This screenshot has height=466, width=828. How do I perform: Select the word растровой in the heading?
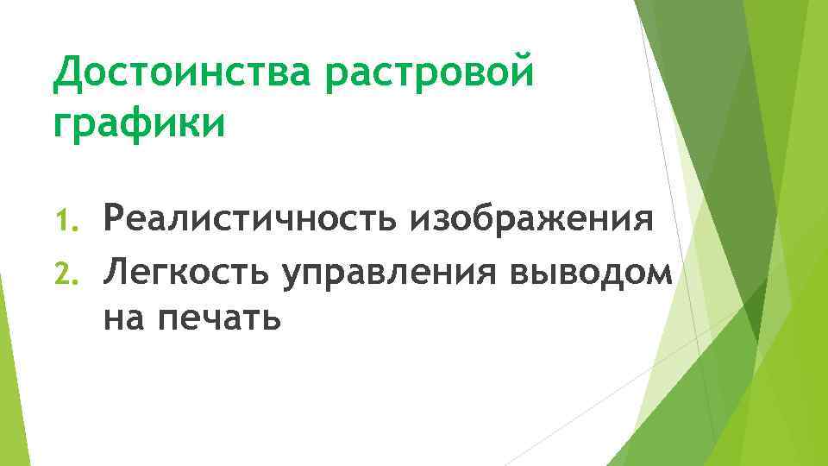pos(430,76)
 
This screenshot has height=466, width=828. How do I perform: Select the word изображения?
pos(531,221)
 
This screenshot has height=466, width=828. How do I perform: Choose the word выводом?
pos(590,274)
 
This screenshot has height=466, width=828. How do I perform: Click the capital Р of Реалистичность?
pos(115,219)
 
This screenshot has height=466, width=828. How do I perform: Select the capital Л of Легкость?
pos(116,274)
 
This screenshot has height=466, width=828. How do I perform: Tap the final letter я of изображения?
pos(642,222)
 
